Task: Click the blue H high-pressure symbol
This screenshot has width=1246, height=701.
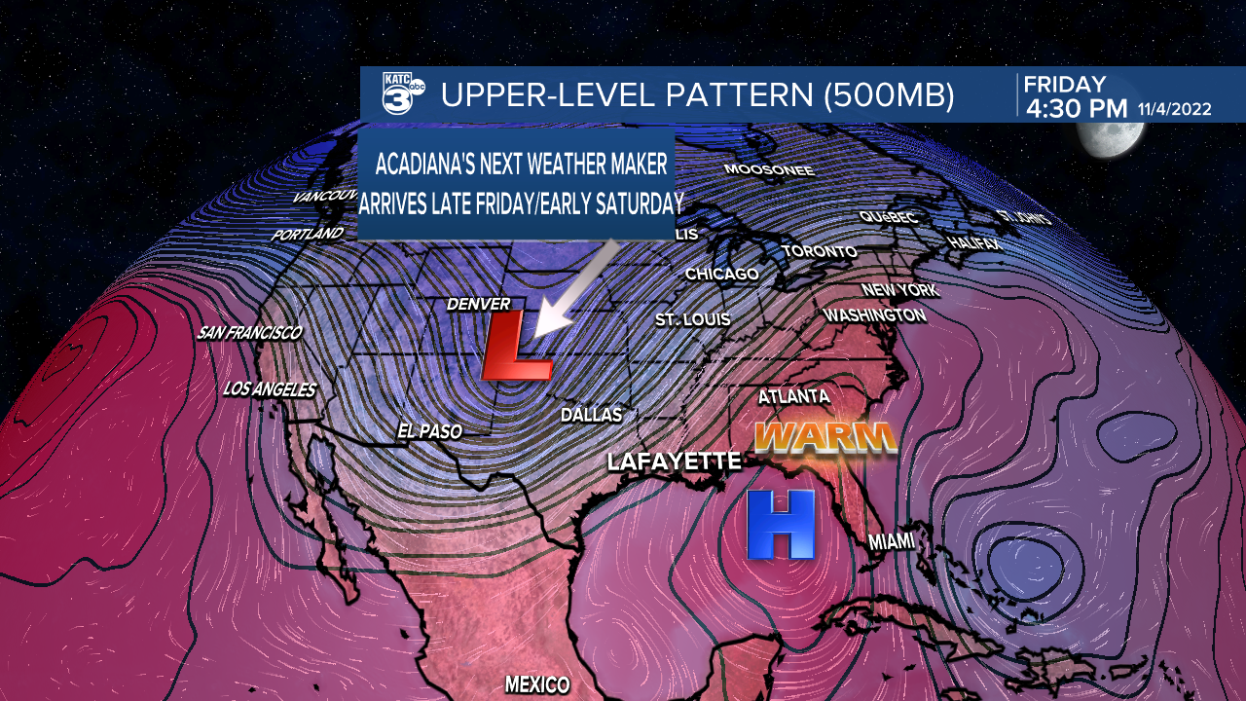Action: (x=781, y=525)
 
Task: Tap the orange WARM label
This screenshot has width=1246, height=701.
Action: (x=825, y=437)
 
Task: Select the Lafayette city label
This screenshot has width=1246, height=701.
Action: (x=674, y=461)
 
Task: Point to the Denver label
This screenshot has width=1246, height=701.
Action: (x=478, y=305)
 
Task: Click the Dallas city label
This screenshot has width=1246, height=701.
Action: (x=591, y=415)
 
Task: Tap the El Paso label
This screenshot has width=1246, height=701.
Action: (x=429, y=430)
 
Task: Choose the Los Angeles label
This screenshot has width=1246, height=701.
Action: (x=270, y=389)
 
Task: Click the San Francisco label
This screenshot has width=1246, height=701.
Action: (x=249, y=333)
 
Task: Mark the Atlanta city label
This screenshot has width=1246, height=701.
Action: (x=793, y=396)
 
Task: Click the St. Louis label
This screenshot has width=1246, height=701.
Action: (x=692, y=319)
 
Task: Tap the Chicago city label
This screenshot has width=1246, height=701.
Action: (x=721, y=275)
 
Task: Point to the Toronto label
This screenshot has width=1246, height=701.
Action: (x=820, y=252)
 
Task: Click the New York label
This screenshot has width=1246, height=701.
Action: (x=899, y=290)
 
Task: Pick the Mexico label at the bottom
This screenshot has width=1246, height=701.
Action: (x=536, y=683)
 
